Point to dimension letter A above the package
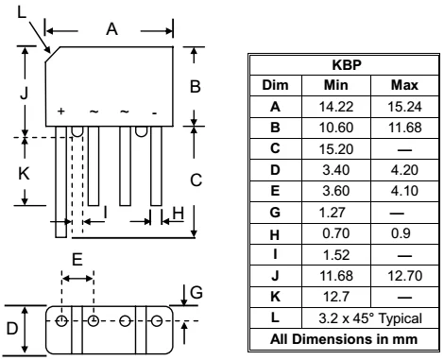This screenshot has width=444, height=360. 111,30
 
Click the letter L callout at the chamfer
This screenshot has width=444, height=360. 22,10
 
